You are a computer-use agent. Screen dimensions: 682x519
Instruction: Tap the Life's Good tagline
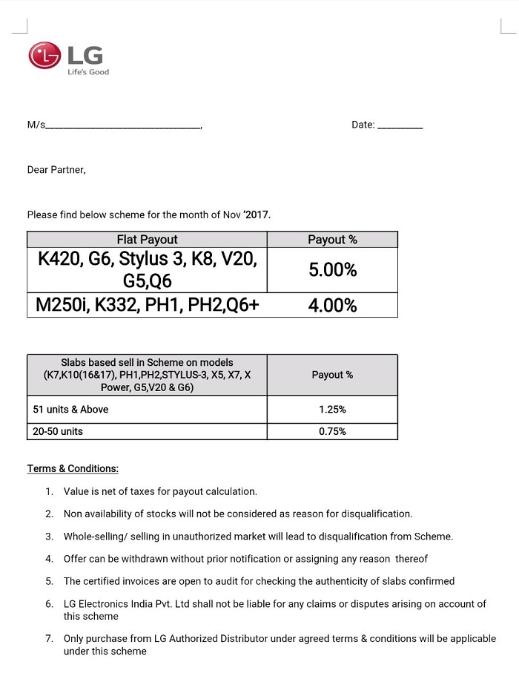pos(88,72)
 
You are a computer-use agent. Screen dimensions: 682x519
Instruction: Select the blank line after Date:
pos(400,128)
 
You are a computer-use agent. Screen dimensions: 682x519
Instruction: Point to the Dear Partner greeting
pos(56,170)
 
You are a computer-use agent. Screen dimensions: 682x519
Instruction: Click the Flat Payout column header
pos(147,240)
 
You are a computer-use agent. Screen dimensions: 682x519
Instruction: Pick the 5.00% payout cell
pos(332,270)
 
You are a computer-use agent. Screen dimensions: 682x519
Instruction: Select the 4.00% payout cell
pos(332,305)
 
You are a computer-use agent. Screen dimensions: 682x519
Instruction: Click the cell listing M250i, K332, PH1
pos(147,305)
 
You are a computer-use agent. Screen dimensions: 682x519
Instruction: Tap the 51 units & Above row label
pos(71,409)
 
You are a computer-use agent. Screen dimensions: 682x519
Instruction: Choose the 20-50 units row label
pos(58,431)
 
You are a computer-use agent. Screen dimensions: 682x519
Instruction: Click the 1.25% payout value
pos(332,409)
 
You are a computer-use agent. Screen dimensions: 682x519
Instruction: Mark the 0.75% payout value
pos(332,431)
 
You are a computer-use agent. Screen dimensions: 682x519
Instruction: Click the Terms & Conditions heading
pos(73,469)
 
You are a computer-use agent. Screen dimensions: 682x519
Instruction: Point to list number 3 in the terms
pos(49,537)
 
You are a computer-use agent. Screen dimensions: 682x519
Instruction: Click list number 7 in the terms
pos(49,638)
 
